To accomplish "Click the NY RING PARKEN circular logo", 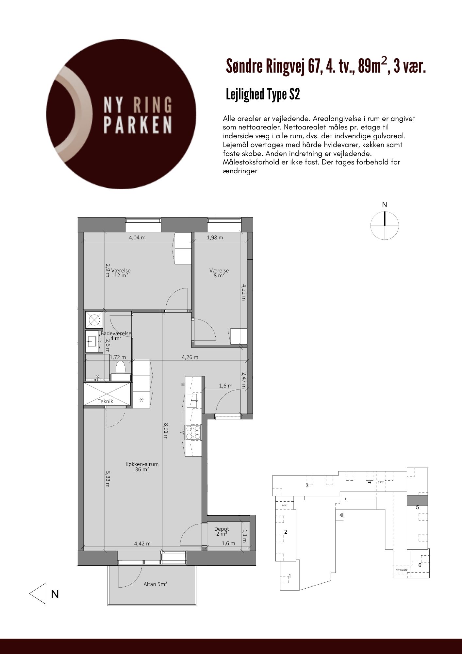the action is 121,114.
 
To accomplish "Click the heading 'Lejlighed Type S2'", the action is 263,95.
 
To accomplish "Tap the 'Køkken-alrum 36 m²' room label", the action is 142,467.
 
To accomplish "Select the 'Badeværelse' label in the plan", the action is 116,334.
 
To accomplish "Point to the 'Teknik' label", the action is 106,401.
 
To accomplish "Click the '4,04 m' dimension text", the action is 137,238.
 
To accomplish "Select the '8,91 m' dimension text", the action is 166,431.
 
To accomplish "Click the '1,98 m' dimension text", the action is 215,238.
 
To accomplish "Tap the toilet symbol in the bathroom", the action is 121,367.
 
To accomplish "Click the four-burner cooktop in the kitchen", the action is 193,432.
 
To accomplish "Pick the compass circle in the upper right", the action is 385,225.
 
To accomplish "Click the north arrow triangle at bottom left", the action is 38,594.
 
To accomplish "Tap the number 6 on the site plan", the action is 420,565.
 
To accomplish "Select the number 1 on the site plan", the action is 290,576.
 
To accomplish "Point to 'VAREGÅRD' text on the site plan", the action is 402,570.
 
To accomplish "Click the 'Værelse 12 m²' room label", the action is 121,273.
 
